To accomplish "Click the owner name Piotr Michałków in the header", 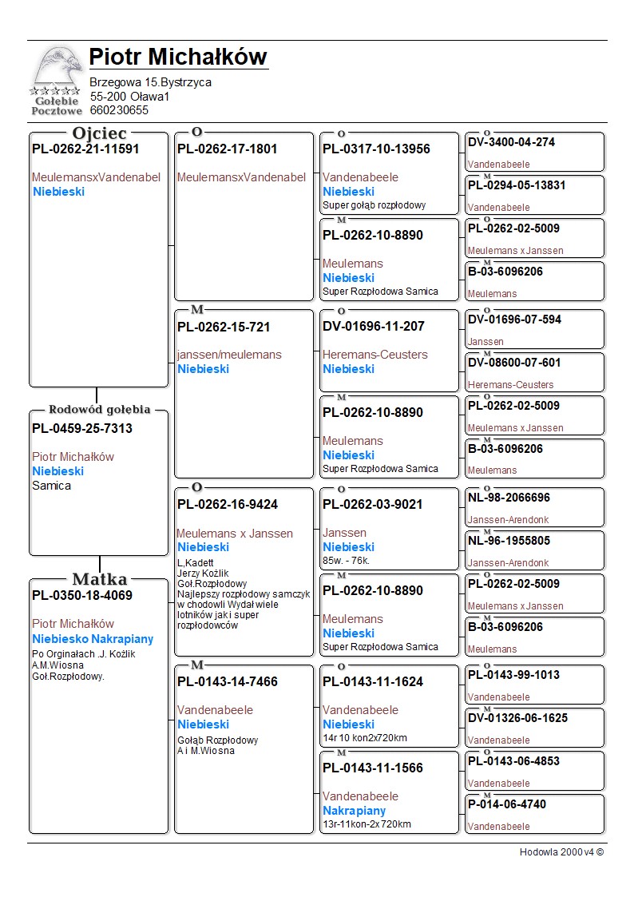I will coord(177,58).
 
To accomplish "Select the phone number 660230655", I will coord(119,110).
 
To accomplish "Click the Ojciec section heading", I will coord(99,133).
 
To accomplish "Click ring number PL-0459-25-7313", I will coord(82,429).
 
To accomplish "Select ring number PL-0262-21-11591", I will coord(85,149).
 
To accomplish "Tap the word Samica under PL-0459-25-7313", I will coord(51,486).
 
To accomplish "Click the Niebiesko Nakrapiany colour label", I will coord(93,639).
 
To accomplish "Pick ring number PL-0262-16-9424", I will coord(228,505).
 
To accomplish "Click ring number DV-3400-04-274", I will coord(511,142).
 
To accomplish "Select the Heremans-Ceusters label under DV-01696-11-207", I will coord(374,355).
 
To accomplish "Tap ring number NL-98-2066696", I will coord(509,498).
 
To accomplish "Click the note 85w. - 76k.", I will coord(346,561).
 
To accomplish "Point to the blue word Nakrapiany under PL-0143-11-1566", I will coord(354,811).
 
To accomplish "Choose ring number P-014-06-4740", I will coord(507,804).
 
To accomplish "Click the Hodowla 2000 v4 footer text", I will coord(561,852).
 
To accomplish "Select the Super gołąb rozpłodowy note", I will coord(374,205).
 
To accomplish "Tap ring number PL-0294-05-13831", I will coord(517,185).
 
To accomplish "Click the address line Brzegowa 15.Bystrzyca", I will coord(150,82).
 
